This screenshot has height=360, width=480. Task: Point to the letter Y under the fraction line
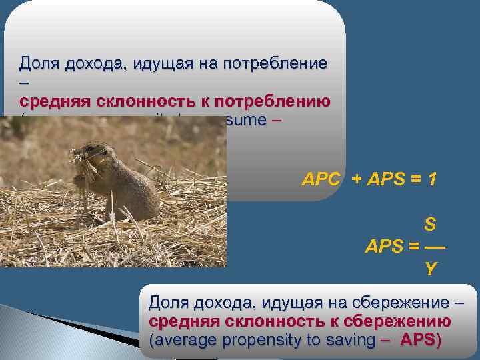[431, 269]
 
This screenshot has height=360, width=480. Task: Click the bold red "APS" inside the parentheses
[418, 340]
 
